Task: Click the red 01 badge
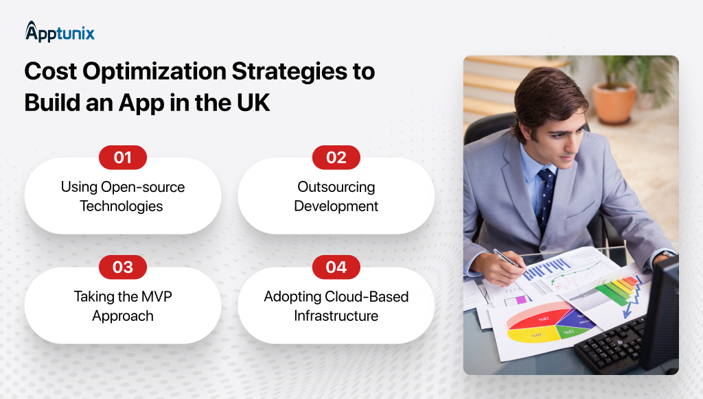[123, 158]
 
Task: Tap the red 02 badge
[336, 158]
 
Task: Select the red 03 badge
[123, 267]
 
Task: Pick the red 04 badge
[336, 267]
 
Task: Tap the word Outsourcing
[336, 187]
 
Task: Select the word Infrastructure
[336, 316]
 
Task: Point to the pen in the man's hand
[507, 259]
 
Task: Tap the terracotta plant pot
[614, 103]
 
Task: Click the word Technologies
[122, 206]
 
